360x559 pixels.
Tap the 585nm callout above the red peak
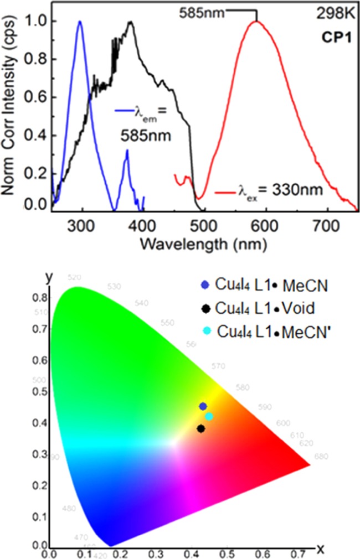point(204,12)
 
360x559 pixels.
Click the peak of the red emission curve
point(256,22)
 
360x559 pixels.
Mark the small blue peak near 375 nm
point(127,150)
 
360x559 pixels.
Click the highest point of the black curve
point(131,22)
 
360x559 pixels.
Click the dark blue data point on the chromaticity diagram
point(203,406)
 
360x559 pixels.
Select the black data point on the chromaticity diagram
point(201,428)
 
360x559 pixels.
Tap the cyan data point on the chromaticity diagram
point(209,416)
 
